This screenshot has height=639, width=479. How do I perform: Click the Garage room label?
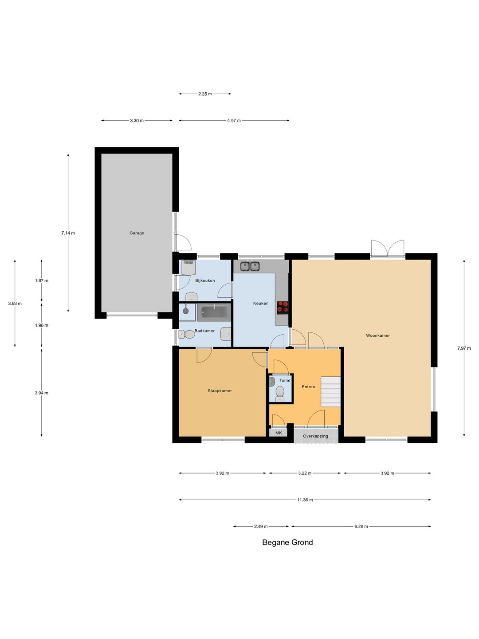pyautogui.click(x=137, y=233)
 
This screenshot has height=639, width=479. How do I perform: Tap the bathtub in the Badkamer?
pyautogui.click(x=214, y=312)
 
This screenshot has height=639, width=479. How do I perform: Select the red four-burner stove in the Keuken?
pyautogui.click(x=283, y=308)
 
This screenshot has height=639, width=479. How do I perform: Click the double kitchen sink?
pyautogui.click(x=250, y=266)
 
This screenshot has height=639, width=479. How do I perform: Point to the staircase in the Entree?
pyautogui.click(x=331, y=391)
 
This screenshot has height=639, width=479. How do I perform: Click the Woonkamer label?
pyautogui.click(x=378, y=335)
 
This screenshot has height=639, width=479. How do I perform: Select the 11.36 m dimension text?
pyautogui.click(x=305, y=500)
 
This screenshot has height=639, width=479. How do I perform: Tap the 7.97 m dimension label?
pyautogui.click(x=464, y=348)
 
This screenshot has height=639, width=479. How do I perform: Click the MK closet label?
pyautogui.click(x=279, y=433)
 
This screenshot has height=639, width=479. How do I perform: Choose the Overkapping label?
pyautogui.click(x=315, y=436)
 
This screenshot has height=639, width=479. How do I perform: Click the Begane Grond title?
pyautogui.click(x=287, y=542)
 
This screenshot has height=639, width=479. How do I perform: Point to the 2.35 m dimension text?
pyautogui.click(x=205, y=94)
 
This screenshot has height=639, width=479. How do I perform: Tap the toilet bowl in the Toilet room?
pyautogui.click(x=280, y=394)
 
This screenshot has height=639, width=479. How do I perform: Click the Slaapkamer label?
pyautogui.click(x=220, y=390)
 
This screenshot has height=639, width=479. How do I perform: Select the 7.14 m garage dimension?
pyautogui.click(x=68, y=233)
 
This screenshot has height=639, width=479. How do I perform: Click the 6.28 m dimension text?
pyautogui.click(x=361, y=526)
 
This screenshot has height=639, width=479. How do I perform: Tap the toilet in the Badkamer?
pyautogui.click(x=187, y=335)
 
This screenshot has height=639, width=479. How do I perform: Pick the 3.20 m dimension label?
pyautogui.click(x=137, y=120)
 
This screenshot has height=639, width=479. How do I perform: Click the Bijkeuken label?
pyautogui.click(x=205, y=280)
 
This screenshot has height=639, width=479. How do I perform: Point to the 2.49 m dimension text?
pyautogui.click(x=261, y=526)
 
